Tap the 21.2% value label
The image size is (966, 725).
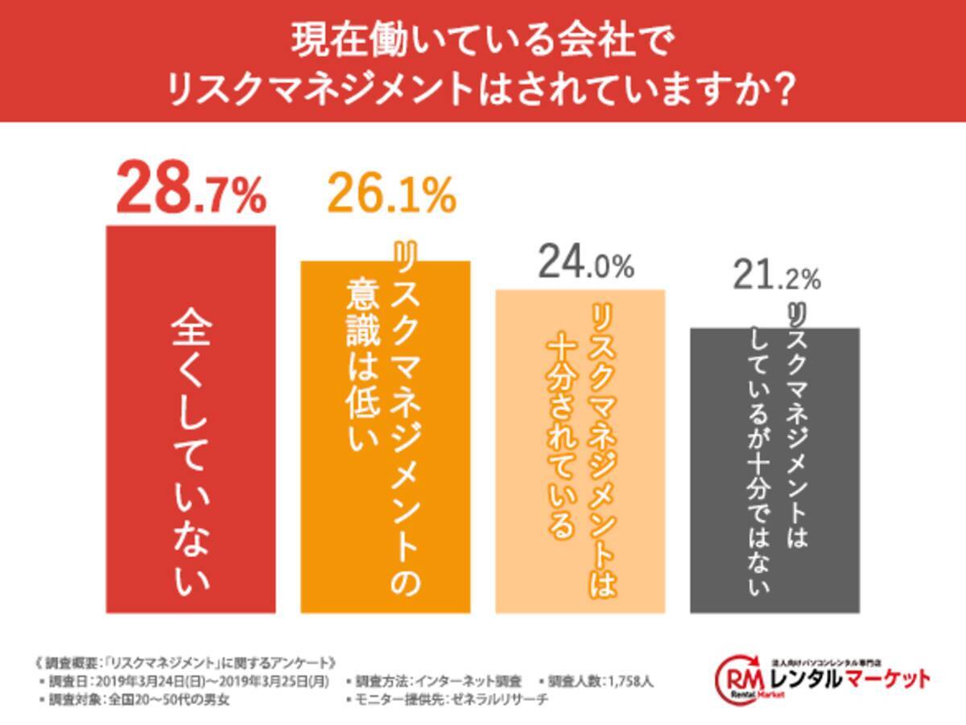pos(776,278)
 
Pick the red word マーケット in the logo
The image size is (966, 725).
pos(885,680)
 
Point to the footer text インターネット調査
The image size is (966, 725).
pos(482,682)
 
